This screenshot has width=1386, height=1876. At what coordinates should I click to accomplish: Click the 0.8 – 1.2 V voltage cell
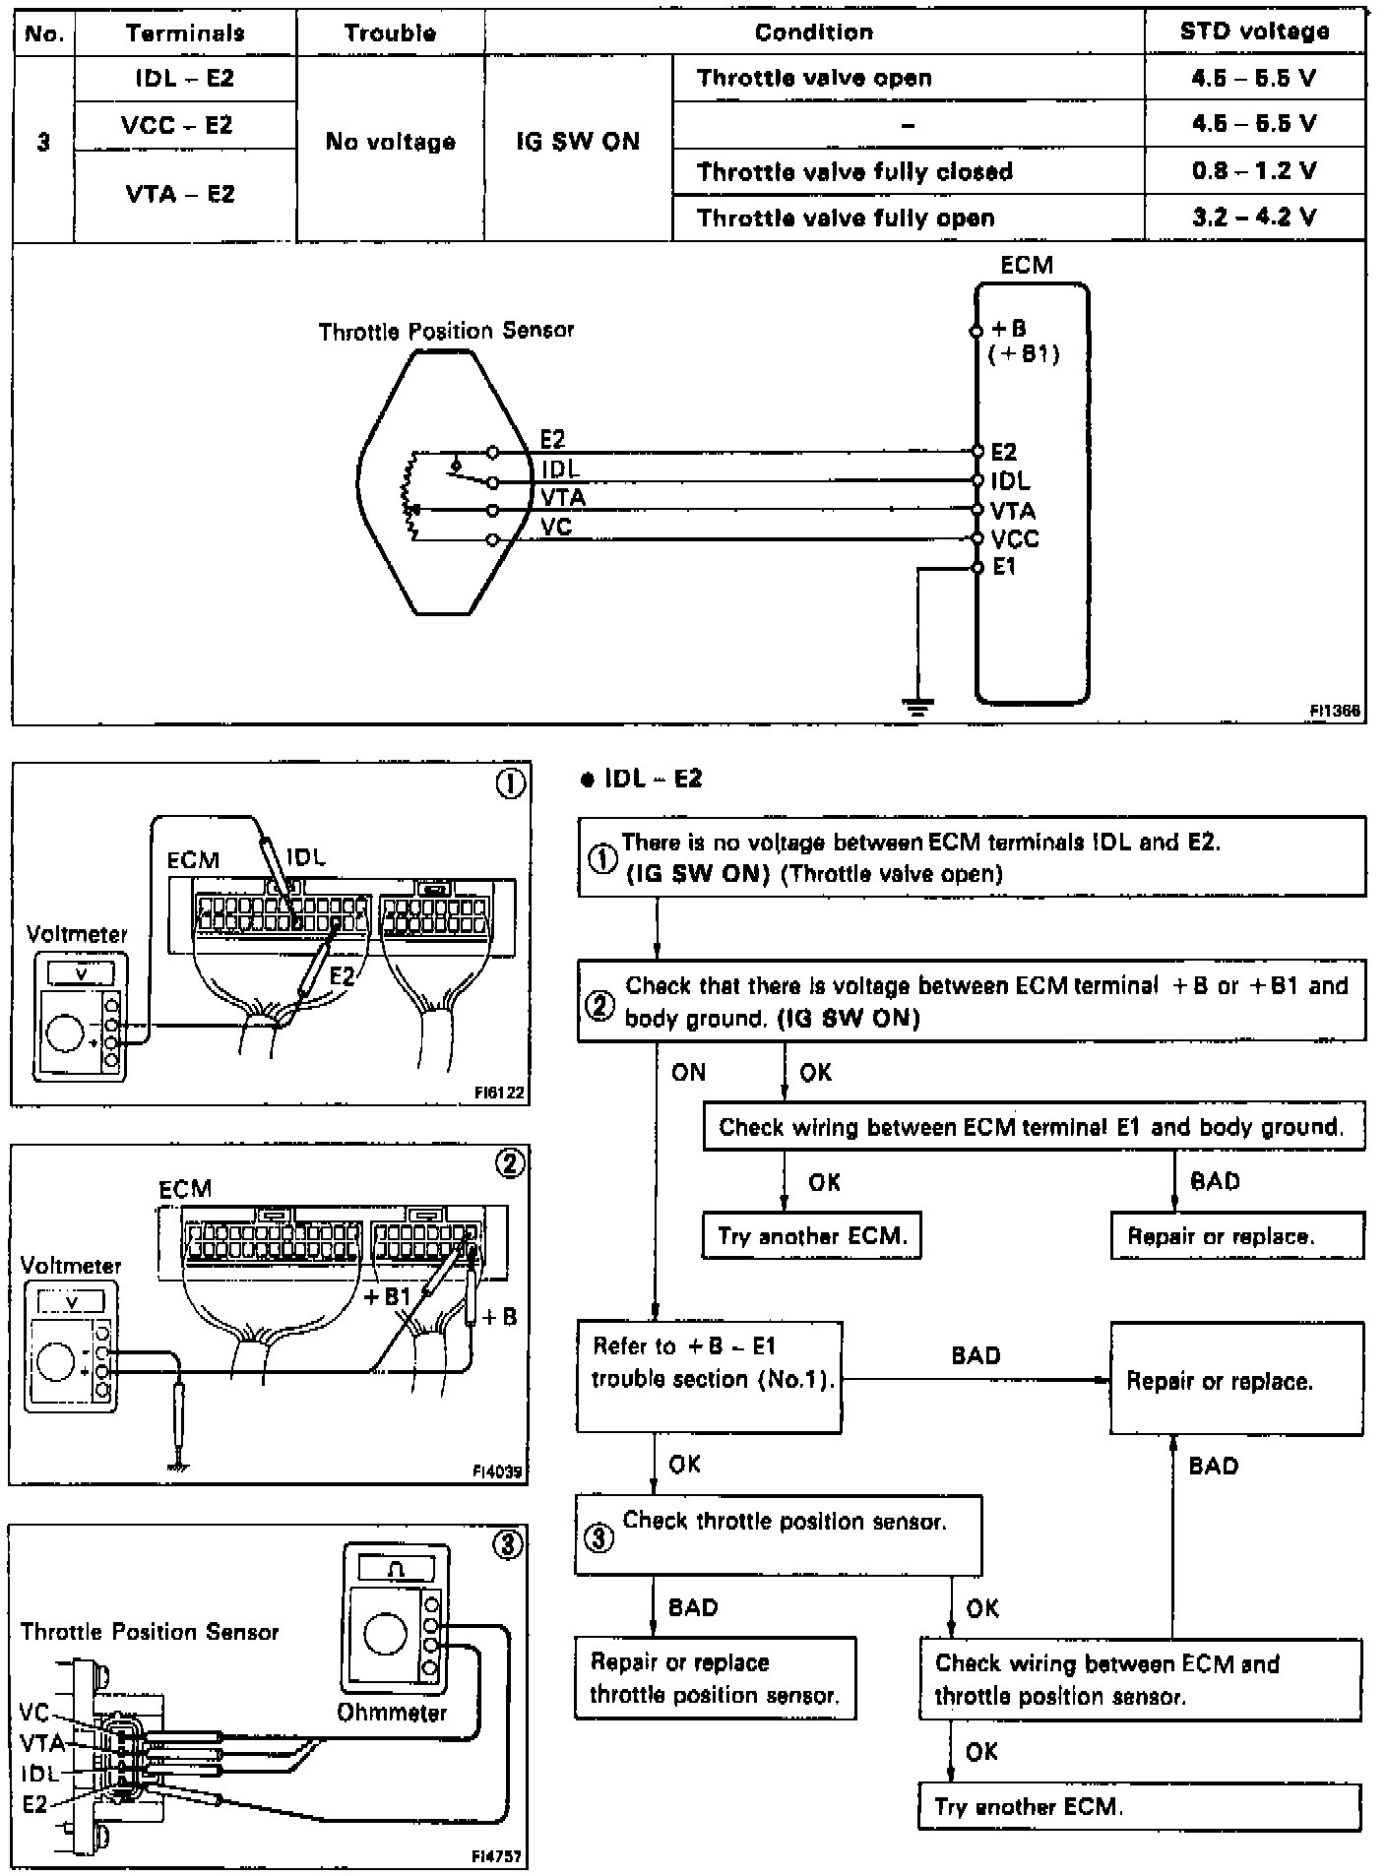coord(1253,171)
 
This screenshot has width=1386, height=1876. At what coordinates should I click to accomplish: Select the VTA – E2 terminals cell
coord(184,194)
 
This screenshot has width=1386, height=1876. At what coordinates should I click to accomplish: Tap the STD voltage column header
coord(1254,31)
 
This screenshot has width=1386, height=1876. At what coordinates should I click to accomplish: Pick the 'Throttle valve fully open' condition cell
coord(845,218)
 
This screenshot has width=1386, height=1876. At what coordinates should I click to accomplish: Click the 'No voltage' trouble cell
coord(390,142)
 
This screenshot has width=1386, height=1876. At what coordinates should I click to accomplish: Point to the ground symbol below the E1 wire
coord(917,704)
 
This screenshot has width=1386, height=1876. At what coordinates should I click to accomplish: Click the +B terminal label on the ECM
coord(1009,329)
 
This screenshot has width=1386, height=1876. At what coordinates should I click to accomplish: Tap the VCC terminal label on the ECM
coord(1015,539)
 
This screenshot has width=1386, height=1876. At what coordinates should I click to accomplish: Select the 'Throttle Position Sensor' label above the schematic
coord(446,331)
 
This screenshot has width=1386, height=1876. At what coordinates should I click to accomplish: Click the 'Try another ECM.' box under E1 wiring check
coord(812,1235)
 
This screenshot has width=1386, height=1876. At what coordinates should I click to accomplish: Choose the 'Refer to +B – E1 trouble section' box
coord(709,1375)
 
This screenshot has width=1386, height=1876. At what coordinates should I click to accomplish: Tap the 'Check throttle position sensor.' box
coord(778,1534)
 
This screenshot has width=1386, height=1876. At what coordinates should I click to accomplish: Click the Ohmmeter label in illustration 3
coord(392,1712)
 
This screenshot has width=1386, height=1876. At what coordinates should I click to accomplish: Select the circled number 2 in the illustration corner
coord(509,1164)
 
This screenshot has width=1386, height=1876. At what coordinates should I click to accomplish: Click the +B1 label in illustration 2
coord(386,1296)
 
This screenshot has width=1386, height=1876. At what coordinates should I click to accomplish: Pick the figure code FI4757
coord(496,1856)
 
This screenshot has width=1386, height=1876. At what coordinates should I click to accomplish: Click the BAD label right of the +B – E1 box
coord(976,1355)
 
